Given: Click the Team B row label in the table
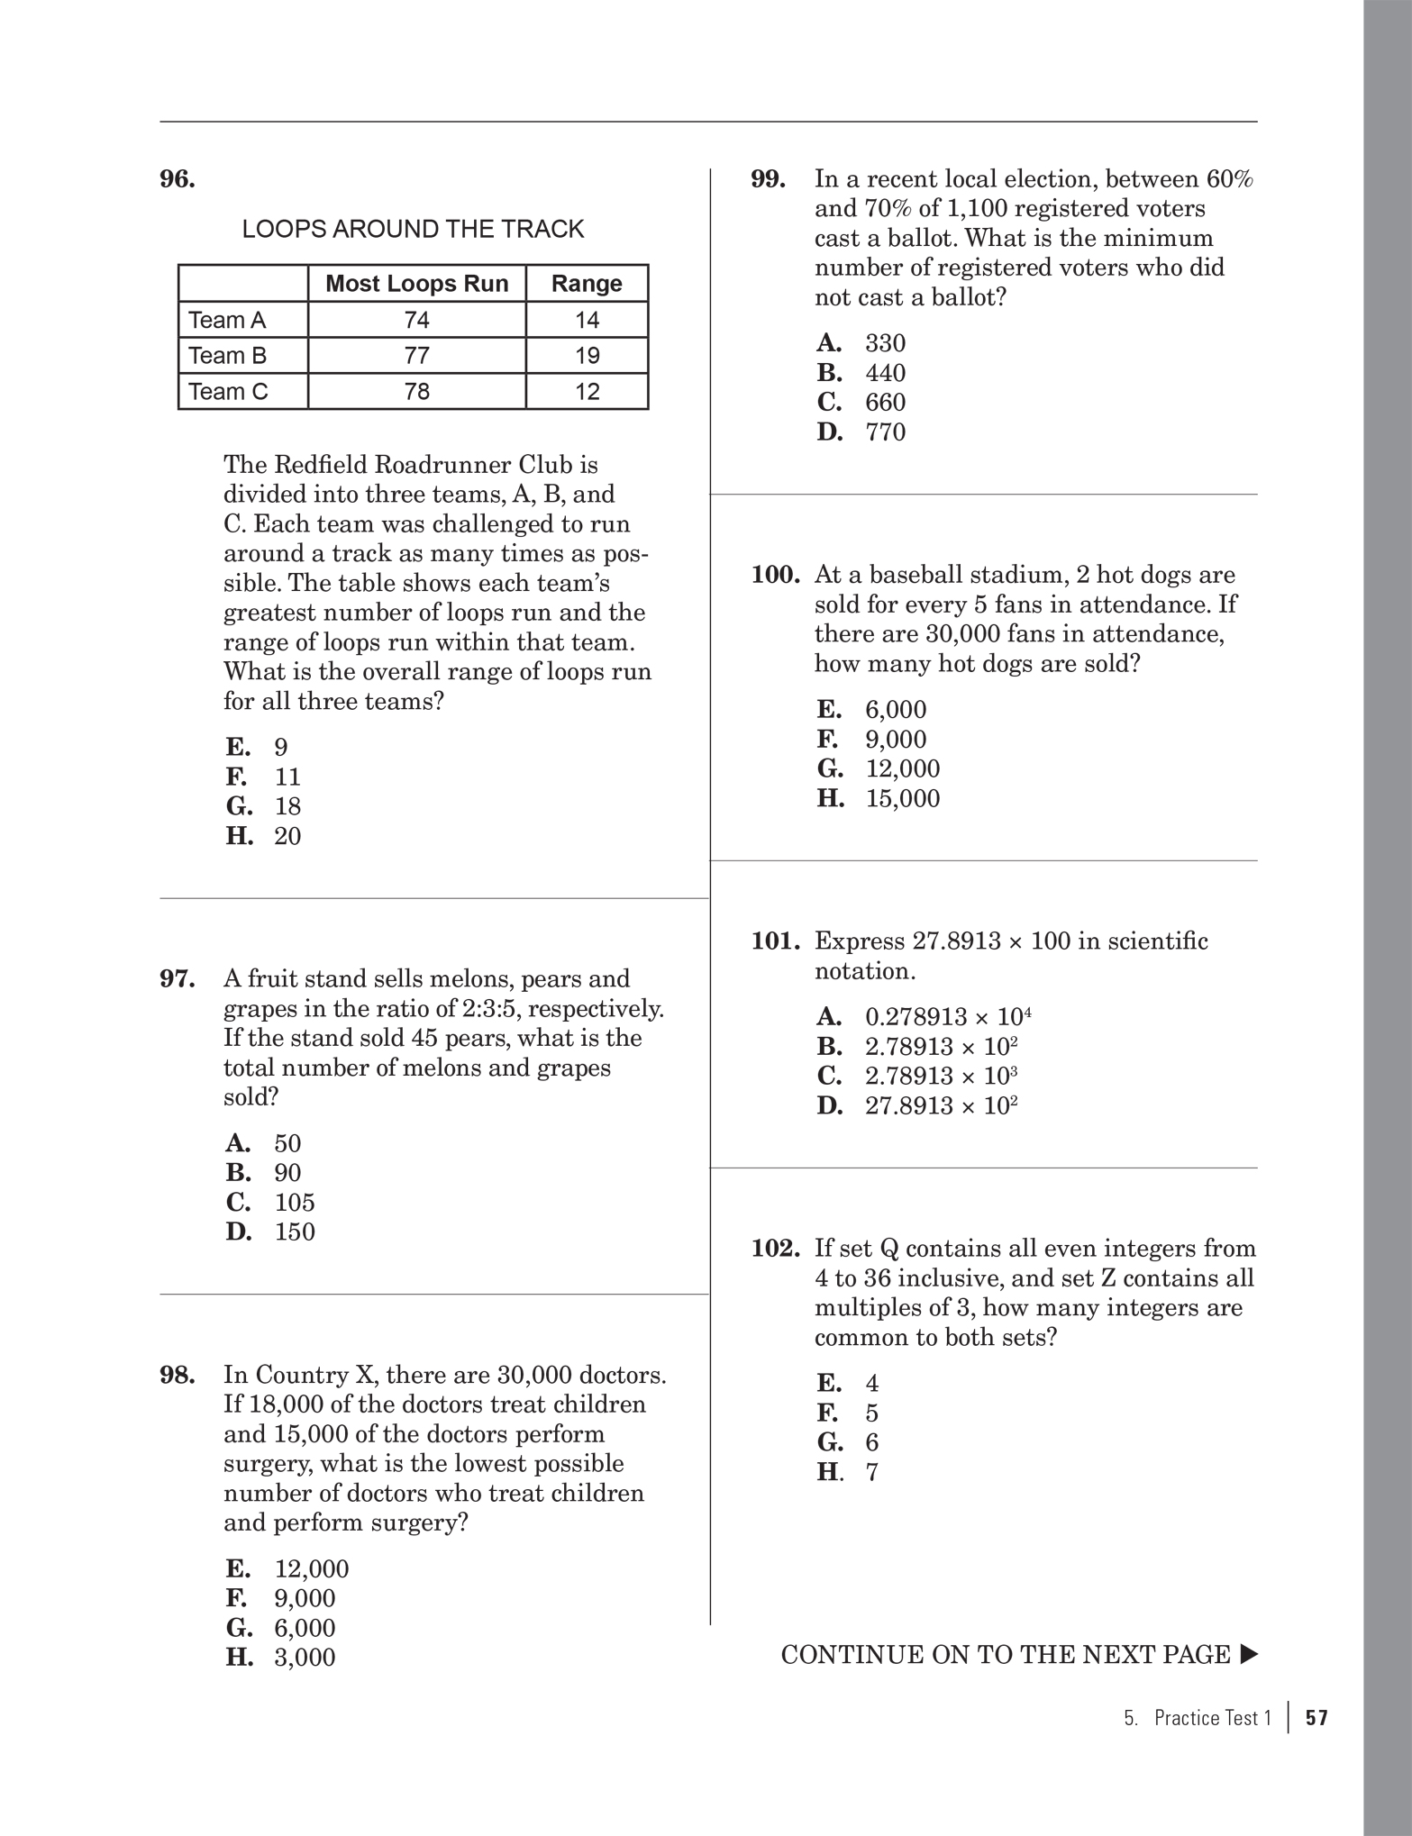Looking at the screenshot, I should (x=227, y=356).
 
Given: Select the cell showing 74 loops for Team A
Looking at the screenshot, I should (x=416, y=320).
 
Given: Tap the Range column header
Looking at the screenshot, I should (x=587, y=284).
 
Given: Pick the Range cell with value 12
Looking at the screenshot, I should (x=587, y=392).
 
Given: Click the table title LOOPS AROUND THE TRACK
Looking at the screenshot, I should (x=413, y=230).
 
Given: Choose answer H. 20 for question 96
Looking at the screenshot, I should (x=263, y=836).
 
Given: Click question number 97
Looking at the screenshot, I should (x=178, y=978).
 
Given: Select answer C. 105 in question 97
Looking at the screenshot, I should (x=270, y=1202).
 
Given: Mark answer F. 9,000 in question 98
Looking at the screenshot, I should (x=280, y=1598).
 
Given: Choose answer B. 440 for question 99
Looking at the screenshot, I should (x=861, y=373).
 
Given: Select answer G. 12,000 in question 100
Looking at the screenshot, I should (x=879, y=768).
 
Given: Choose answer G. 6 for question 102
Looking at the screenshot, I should (x=847, y=1442).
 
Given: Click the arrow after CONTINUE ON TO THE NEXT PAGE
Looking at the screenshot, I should (x=1248, y=1655).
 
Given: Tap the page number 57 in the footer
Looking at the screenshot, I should (x=1316, y=1718).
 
